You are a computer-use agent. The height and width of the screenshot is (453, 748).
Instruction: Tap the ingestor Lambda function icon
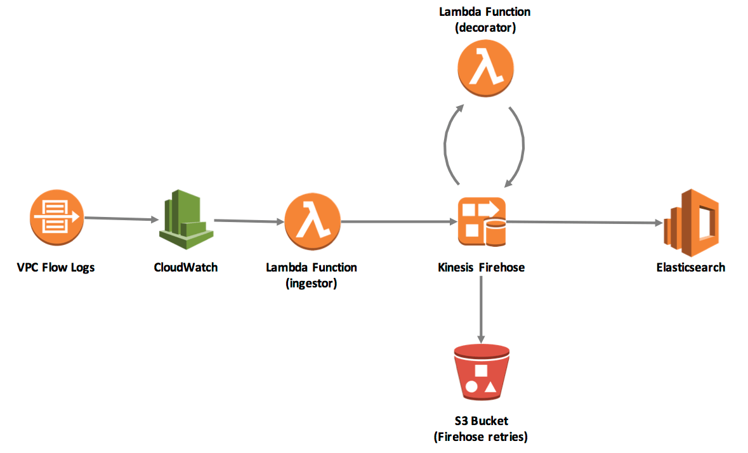312,221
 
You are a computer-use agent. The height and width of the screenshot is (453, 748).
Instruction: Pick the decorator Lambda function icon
485,68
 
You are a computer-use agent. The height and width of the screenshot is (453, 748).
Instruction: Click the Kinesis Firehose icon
482,221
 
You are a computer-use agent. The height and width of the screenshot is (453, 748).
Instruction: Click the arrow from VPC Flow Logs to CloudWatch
121,219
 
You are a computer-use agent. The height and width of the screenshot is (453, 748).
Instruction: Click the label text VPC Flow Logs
56,267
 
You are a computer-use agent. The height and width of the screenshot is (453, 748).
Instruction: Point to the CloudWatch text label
186,267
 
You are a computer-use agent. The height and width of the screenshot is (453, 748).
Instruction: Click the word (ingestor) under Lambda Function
311,284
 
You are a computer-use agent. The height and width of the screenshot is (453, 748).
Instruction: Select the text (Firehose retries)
481,437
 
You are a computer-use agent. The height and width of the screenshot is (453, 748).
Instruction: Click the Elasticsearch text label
690,267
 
